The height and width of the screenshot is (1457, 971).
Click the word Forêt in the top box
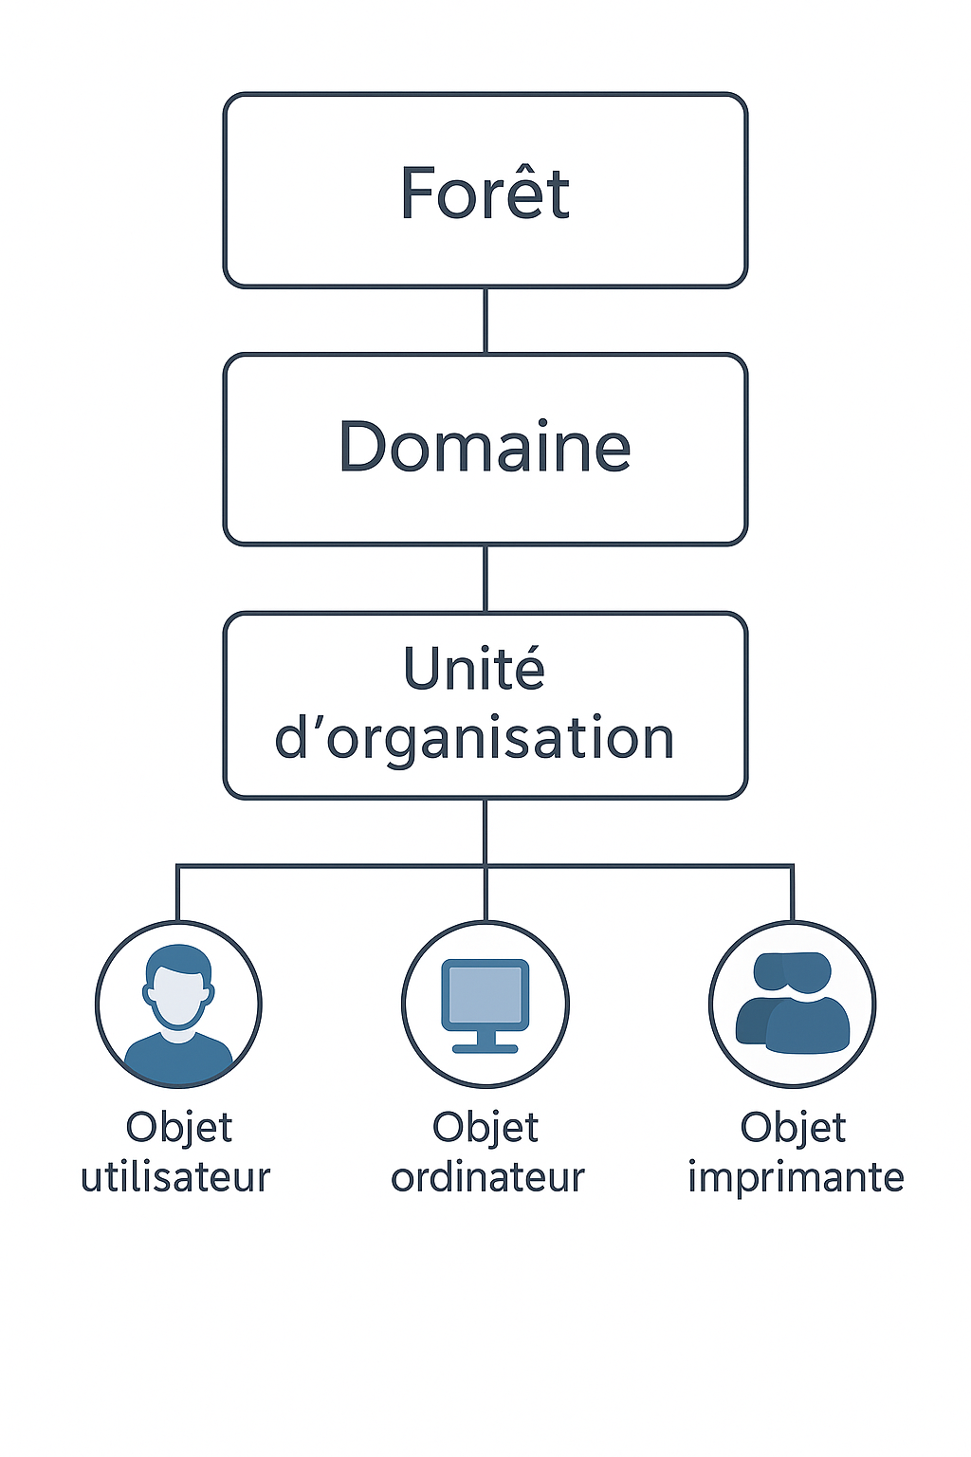(485, 193)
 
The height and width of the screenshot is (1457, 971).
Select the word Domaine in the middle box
(485, 446)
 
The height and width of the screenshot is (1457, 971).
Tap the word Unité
(474, 668)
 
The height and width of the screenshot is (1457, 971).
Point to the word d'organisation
(474, 738)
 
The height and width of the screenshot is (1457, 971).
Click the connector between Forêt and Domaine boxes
(485, 320)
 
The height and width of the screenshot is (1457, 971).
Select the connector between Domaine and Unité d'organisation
(485, 579)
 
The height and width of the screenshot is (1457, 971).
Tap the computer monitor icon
(485, 1005)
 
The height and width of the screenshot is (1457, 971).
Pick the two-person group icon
(792, 1003)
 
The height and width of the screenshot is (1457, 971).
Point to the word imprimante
(797, 1178)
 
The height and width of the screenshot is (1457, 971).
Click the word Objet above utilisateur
(179, 1127)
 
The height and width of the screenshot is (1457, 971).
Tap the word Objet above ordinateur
(485, 1127)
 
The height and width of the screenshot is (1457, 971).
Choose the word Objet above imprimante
(793, 1127)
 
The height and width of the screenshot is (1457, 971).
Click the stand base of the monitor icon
(485, 1048)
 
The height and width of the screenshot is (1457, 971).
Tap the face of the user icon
(179, 998)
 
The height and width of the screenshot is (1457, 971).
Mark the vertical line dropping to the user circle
(177, 893)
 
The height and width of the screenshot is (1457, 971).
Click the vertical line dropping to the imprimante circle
(792, 893)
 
